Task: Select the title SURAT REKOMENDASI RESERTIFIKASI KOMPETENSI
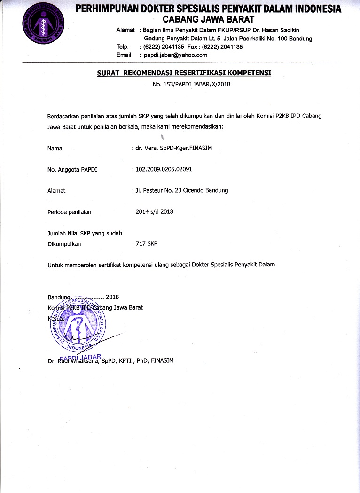184,73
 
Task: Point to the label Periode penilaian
70,212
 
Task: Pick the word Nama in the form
55,149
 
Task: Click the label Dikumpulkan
64,244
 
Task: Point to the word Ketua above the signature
55,319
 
